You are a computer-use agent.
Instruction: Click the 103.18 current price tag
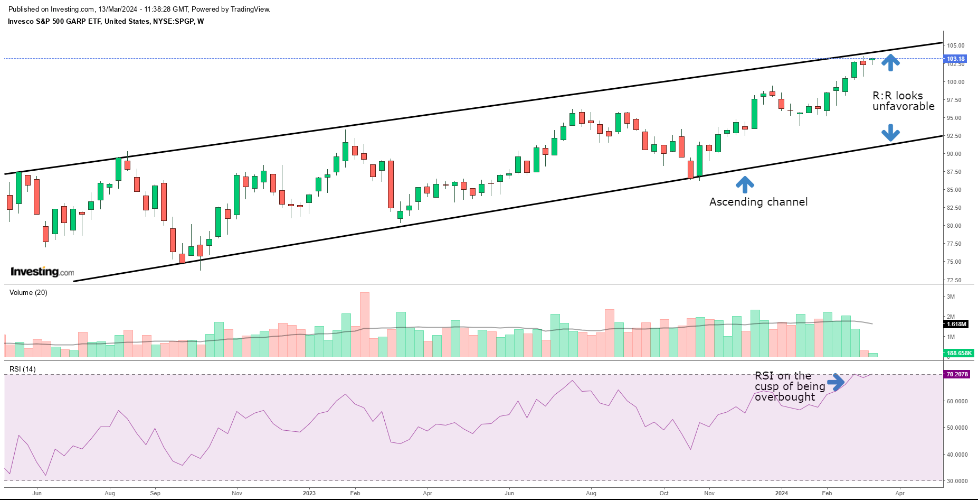(x=955, y=59)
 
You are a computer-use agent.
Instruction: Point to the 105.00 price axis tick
(x=955, y=45)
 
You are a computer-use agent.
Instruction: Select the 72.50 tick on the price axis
(x=954, y=280)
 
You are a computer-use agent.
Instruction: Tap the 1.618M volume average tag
(x=956, y=324)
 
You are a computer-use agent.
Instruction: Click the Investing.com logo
(x=42, y=272)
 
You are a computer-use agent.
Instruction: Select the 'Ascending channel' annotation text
(x=758, y=202)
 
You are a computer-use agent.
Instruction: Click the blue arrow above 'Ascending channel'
(x=745, y=184)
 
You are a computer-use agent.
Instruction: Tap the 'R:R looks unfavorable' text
(x=903, y=101)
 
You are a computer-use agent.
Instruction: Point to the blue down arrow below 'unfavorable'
(x=890, y=133)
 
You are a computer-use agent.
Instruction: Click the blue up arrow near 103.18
(x=890, y=63)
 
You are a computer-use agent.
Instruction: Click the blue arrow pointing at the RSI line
(x=836, y=382)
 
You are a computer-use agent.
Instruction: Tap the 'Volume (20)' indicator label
(x=29, y=292)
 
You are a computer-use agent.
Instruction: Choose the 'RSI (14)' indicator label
(x=23, y=369)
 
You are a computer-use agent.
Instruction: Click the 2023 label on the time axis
(x=309, y=493)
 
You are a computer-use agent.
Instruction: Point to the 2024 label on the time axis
(x=781, y=493)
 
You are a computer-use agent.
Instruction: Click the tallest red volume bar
(x=364, y=324)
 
